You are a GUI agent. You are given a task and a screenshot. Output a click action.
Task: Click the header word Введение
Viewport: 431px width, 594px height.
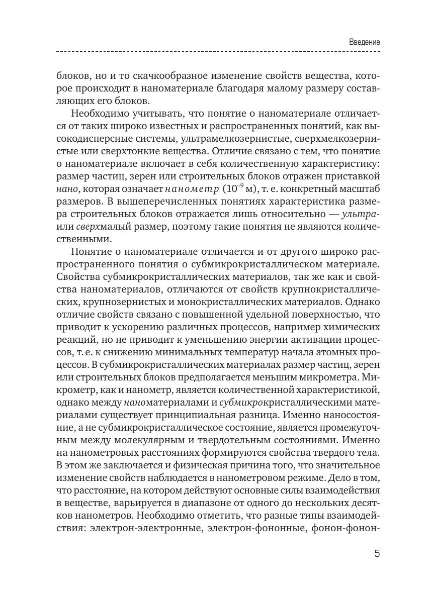click(364, 42)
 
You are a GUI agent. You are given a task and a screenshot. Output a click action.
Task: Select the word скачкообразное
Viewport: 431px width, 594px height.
click(164, 77)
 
